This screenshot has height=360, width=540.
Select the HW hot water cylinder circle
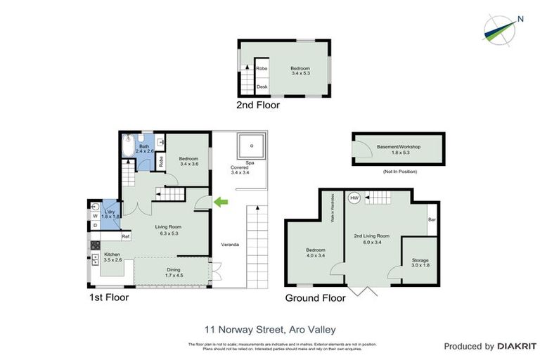pos(354,198)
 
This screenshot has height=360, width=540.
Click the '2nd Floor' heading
pos(258,105)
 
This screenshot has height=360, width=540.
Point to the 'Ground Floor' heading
pos(315,298)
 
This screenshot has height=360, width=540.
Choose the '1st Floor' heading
pos(109,297)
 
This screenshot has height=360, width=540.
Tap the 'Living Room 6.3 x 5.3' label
pos(169,230)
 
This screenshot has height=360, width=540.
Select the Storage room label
pos(419,262)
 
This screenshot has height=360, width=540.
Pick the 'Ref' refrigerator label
pos(125,236)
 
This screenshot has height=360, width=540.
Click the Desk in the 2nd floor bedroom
pos(262,86)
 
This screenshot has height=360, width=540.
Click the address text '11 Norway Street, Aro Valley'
pos(270,329)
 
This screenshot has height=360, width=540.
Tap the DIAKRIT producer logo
pos(489,347)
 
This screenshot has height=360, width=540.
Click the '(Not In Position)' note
pos(399,172)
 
